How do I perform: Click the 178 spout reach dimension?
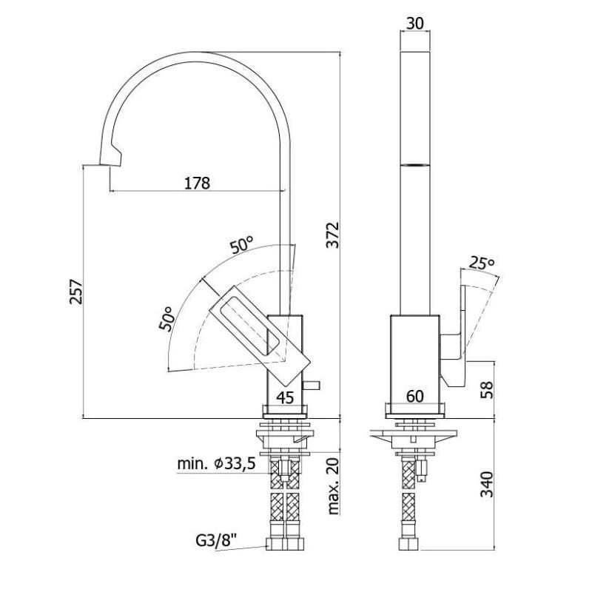point(197,183)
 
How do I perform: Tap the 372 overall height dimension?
point(332,235)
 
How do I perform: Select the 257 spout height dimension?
point(76,292)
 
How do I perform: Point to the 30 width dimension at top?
point(415,24)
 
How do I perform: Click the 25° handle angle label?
point(482,263)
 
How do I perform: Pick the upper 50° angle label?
point(242,245)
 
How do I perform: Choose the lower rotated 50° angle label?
point(166,318)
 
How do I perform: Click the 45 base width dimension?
point(285,397)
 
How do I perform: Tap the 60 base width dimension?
point(415,397)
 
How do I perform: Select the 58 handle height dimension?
point(487,390)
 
